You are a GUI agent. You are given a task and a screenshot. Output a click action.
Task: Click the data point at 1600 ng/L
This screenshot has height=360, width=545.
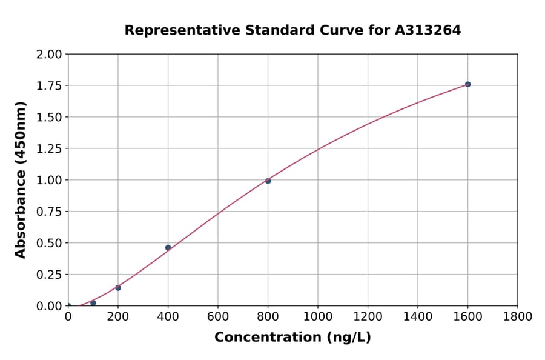[467, 84]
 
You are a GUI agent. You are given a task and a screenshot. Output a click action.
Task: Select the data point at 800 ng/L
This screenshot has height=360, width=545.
[268, 181]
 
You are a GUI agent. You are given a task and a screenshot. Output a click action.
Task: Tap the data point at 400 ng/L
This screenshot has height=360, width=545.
[168, 247]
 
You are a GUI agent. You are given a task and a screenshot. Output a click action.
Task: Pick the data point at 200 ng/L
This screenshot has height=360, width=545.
[118, 288]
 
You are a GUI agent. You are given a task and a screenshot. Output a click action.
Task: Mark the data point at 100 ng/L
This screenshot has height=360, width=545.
[93, 303]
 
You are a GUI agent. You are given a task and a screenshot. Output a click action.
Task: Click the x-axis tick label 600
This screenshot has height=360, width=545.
[218, 317]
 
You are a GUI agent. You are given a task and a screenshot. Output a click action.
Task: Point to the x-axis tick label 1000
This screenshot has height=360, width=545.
[318, 317]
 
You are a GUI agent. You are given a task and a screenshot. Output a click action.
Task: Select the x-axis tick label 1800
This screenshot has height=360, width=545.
[518, 317]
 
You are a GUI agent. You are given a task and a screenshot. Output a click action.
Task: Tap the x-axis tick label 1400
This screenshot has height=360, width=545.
[418, 317]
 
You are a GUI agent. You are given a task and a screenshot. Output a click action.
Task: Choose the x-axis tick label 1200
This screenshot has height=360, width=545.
[368, 317]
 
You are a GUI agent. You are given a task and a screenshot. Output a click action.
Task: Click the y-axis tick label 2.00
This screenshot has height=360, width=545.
[49, 55]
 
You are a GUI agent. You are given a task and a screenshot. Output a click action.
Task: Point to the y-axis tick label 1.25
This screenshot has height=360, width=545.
[49, 148]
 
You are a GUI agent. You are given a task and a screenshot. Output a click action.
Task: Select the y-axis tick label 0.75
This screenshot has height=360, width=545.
[49, 212]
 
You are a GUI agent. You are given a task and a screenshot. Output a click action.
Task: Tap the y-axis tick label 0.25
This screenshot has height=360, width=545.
[49, 275]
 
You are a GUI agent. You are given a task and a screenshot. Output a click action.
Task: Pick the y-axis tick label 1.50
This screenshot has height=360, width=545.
[49, 117]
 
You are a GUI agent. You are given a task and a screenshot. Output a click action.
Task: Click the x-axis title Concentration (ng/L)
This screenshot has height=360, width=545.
[292, 338]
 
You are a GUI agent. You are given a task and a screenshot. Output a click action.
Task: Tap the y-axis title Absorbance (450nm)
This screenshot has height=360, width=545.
[21, 180]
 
